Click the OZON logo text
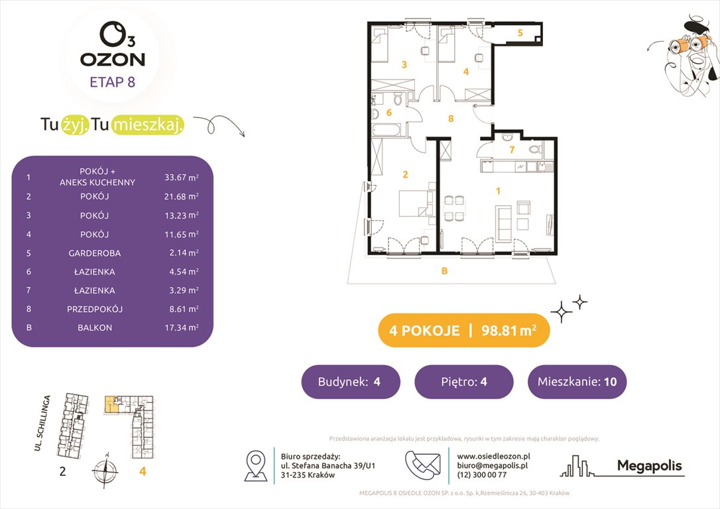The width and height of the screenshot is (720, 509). [112, 59]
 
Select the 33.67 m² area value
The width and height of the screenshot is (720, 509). [182, 177]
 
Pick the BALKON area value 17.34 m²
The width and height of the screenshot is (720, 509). [182, 328]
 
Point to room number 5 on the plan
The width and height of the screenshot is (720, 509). [520, 32]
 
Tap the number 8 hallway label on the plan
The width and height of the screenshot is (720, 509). [451, 119]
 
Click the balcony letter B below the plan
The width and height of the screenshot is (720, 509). [444, 270]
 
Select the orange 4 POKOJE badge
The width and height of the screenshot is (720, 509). [463, 330]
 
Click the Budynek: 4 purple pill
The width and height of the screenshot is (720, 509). [351, 382]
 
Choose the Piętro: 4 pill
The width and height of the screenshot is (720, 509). [463, 382]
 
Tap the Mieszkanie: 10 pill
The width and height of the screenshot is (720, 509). [577, 382]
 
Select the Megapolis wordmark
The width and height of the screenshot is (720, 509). [649, 466]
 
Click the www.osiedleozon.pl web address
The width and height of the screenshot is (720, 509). [494, 456]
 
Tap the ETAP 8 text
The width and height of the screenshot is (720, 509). [112, 83]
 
